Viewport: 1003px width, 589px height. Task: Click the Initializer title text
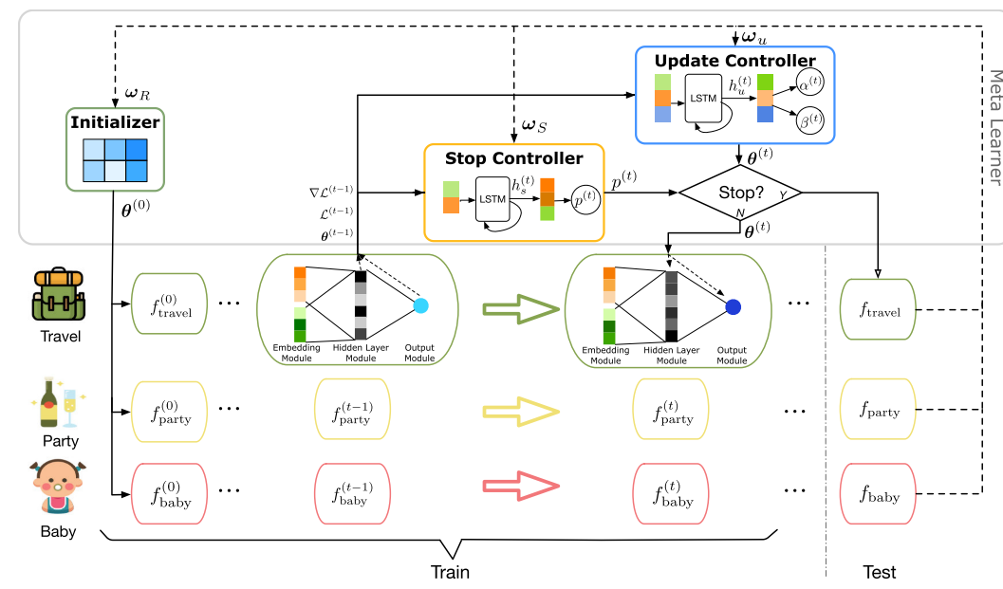pyautogui.click(x=114, y=121)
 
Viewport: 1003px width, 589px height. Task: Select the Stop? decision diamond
pyautogui.click(x=740, y=193)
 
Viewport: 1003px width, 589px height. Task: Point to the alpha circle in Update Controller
pyautogui.click(x=810, y=83)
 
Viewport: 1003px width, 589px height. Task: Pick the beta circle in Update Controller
pyautogui.click(x=810, y=120)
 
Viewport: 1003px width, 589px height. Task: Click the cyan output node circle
pyautogui.click(x=421, y=305)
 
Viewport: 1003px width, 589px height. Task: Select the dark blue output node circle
pyautogui.click(x=733, y=306)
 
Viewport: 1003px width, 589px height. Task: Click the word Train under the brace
pyautogui.click(x=450, y=572)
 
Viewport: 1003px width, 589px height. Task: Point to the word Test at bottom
pyautogui.click(x=879, y=572)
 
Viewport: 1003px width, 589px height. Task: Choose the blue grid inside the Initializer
pyautogui.click(x=114, y=158)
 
